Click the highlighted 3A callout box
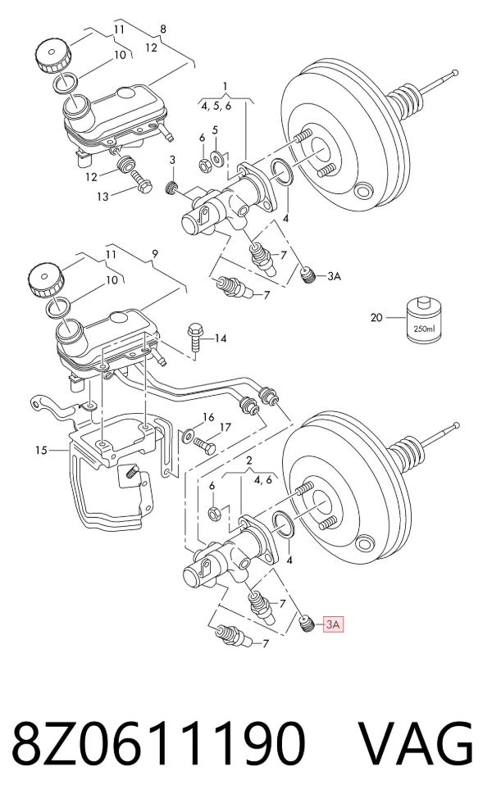(x=333, y=624)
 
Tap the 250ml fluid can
(x=425, y=320)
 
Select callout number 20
(x=376, y=317)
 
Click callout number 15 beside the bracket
(x=42, y=451)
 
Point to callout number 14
(x=221, y=338)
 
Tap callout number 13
(x=102, y=197)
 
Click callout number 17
(x=225, y=428)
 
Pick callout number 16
(x=208, y=417)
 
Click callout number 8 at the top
(x=163, y=29)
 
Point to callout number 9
(x=155, y=254)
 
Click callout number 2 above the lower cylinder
(x=248, y=460)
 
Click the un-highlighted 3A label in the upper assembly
(x=334, y=276)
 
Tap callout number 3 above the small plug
(x=173, y=161)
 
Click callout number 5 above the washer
(x=215, y=129)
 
